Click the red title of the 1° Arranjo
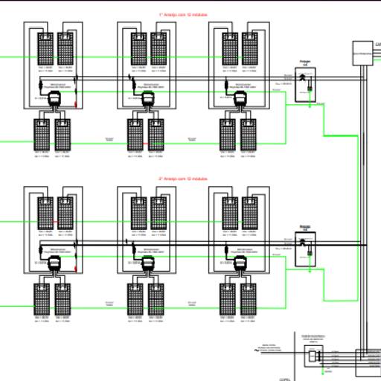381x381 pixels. point(183,15)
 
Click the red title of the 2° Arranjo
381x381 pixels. point(183,179)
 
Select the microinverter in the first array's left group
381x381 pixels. point(52,101)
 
